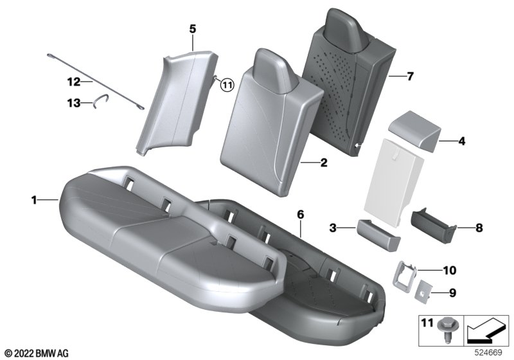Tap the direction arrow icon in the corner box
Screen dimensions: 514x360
pos(485,330)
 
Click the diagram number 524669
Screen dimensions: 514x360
pos(488,353)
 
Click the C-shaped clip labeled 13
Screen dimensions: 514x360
pos(100,100)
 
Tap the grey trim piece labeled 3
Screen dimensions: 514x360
pos(378,235)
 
